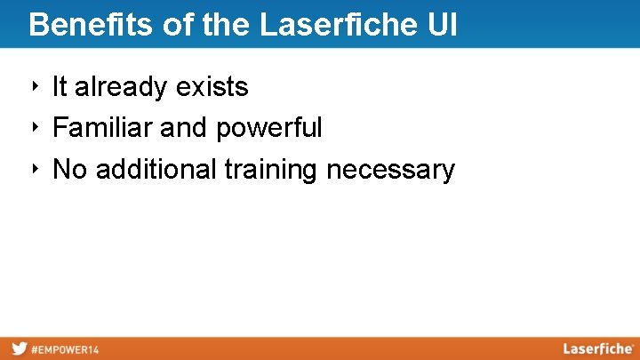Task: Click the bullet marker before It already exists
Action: coord(34,86)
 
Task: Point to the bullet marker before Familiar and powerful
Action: coord(34,127)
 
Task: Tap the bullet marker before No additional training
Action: coord(34,168)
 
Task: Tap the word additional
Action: coord(156,169)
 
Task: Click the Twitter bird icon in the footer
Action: coord(19,348)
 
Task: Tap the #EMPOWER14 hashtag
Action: coord(65,349)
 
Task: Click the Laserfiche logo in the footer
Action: coord(597,348)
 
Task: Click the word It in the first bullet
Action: coord(60,87)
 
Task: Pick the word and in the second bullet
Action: coord(184,128)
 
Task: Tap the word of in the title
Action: coord(177,24)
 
